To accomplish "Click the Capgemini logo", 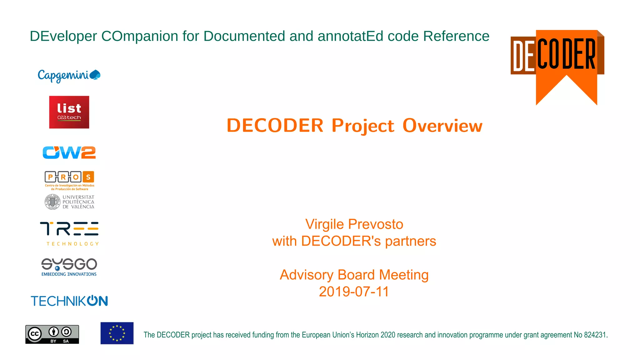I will (69, 76).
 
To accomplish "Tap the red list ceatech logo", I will (69, 112).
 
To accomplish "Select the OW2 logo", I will (69, 152).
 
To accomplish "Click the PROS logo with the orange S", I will (69, 177).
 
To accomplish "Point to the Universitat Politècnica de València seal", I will (52, 202).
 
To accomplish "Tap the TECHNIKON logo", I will (69, 301).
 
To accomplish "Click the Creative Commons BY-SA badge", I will (52, 334).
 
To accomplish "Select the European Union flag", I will (117, 333).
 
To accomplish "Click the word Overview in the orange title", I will (442, 126).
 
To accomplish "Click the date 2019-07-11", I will (354, 292).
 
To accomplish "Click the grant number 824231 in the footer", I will (595, 335).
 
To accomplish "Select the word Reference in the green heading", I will (456, 36).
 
